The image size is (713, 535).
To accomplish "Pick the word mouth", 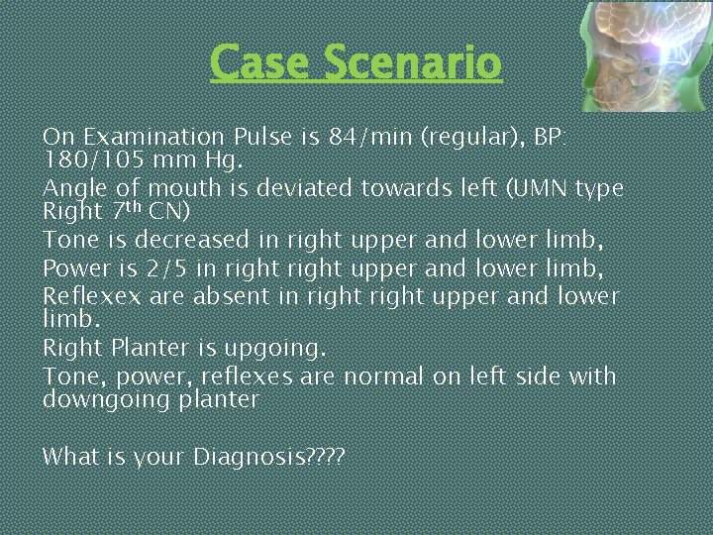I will coord(183,188).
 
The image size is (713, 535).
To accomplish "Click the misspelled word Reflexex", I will coord(90,295).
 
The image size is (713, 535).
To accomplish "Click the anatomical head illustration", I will coord(645,55).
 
